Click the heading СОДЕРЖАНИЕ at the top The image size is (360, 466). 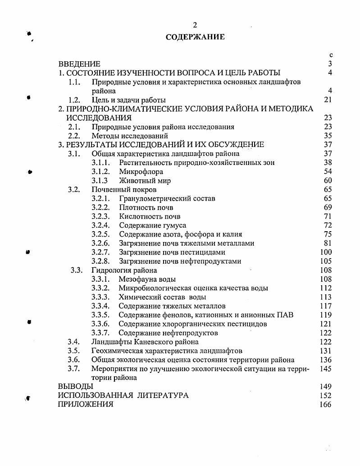point(195,37)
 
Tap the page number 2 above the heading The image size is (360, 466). point(195,25)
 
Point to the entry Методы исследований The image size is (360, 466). point(130,136)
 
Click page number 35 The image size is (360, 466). point(328,136)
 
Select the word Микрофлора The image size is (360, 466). point(141,172)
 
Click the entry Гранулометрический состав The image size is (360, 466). point(167,198)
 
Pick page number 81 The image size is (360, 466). point(328,243)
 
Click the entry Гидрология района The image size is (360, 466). point(124,270)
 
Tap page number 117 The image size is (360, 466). point(326,306)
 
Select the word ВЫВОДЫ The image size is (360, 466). point(76,386)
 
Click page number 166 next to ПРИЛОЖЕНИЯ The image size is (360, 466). point(325,404)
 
